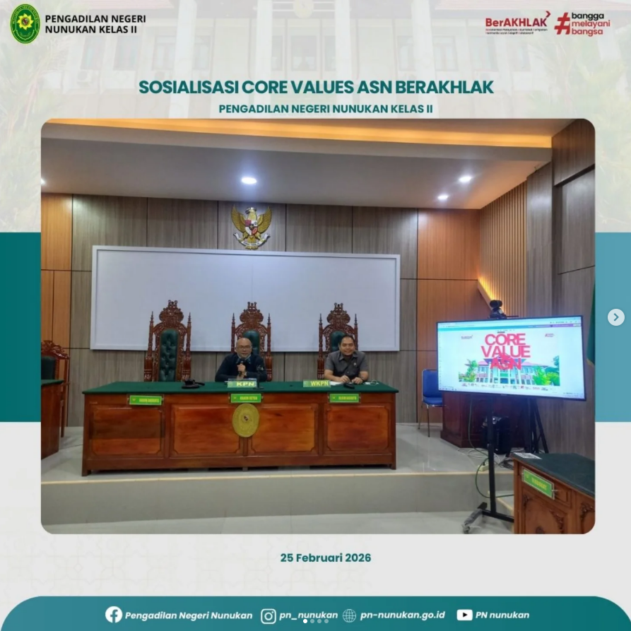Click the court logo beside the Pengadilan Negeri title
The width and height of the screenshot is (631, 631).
[x=25, y=23]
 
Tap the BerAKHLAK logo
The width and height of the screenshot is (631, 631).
[x=517, y=23]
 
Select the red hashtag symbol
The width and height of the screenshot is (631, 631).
[x=562, y=23]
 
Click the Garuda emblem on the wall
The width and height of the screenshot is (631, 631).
[x=252, y=226]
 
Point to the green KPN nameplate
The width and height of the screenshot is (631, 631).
[x=242, y=384]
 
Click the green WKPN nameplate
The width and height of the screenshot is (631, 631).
[x=317, y=384]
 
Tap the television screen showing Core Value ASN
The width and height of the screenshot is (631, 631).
[x=511, y=357]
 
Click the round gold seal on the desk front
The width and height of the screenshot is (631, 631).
[x=245, y=420]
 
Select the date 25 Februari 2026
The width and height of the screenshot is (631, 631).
[x=325, y=558]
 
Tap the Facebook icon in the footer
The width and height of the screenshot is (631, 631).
[x=114, y=615]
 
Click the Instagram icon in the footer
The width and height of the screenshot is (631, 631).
[x=269, y=615]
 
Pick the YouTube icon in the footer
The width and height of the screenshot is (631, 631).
[x=464, y=615]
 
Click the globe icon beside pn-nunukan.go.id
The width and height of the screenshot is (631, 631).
[x=349, y=615]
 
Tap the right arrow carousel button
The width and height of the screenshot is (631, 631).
[x=615, y=317]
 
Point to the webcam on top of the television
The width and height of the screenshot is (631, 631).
[x=497, y=309]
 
